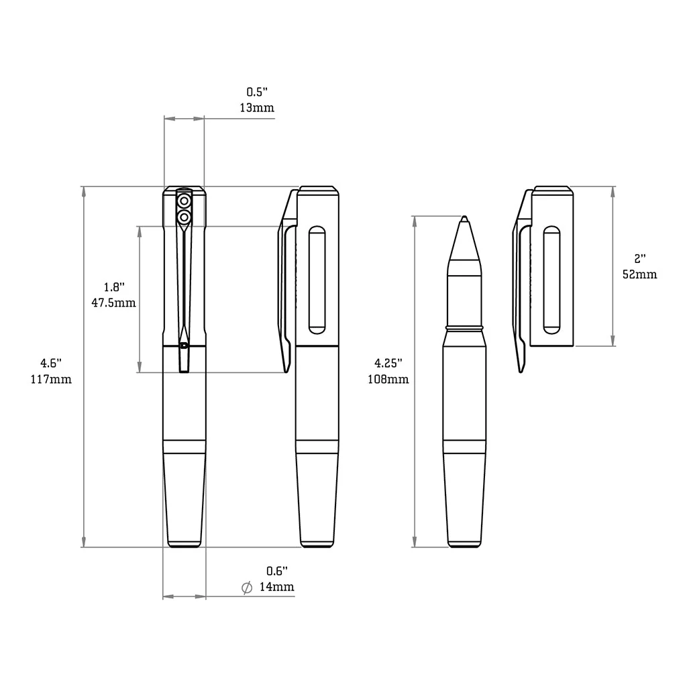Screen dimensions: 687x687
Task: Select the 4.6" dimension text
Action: (x=50, y=363)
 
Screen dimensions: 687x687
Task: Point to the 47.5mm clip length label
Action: (x=113, y=303)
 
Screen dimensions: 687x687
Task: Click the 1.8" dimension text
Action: (x=114, y=286)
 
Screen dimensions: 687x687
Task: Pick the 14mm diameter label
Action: (x=276, y=587)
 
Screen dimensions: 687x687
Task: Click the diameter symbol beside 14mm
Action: (x=246, y=587)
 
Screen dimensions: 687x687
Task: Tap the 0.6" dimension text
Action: (x=276, y=571)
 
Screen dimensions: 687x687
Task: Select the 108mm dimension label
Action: (x=388, y=379)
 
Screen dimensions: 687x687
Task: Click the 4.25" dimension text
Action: (x=388, y=363)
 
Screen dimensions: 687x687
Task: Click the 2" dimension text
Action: (x=640, y=258)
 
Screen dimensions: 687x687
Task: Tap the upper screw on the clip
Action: (x=184, y=201)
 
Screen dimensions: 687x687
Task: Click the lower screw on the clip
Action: (x=184, y=217)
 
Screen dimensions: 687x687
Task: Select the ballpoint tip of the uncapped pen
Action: (x=464, y=219)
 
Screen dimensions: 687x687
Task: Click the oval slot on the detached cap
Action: (x=551, y=280)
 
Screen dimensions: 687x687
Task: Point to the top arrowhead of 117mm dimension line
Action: (x=83, y=191)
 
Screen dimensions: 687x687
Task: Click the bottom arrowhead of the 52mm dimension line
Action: (x=613, y=341)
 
